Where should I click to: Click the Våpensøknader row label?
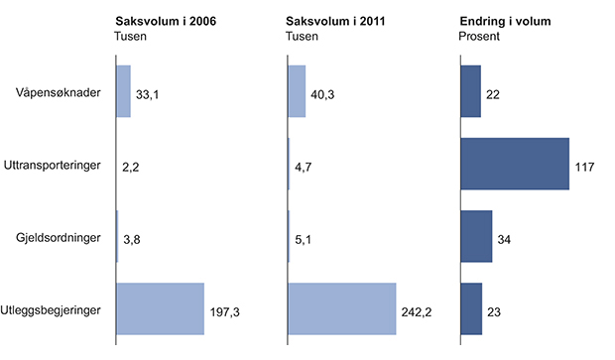[x=57, y=93]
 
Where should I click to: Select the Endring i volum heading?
[x=503, y=20]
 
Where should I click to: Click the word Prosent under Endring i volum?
[x=480, y=37]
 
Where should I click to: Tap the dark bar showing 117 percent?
[x=514, y=164]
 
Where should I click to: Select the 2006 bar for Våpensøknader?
[x=123, y=92]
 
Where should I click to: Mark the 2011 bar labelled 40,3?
[x=297, y=92]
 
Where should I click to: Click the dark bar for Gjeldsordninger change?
[x=476, y=237]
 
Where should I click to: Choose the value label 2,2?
[x=129, y=168]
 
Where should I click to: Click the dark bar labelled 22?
[x=470, y=91]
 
